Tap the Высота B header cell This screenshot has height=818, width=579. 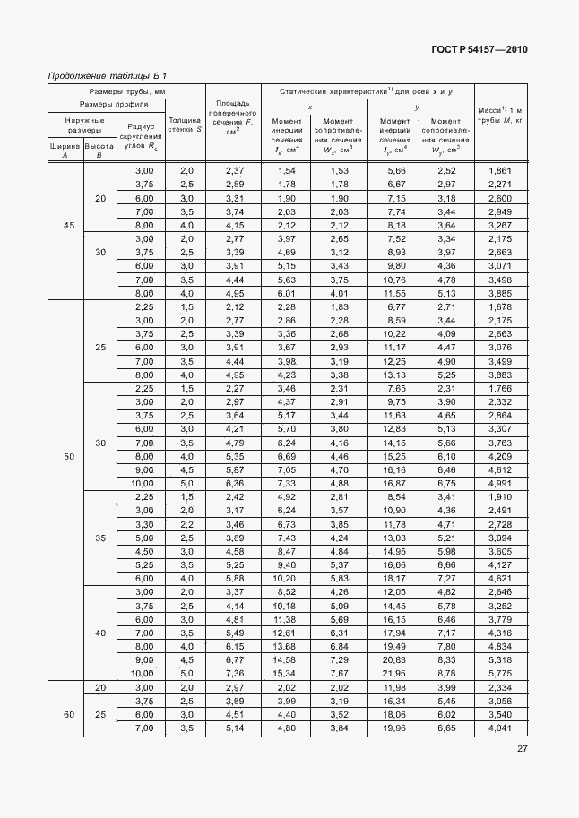point(99,149)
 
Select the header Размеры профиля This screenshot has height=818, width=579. point(125,104)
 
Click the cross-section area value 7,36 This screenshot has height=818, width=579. point(233,673)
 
